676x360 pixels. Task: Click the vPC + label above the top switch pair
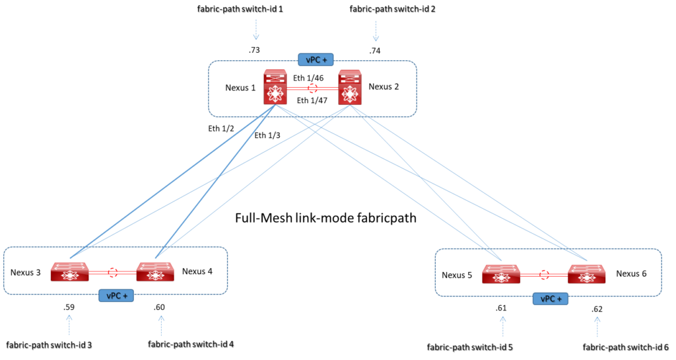(x=316, y=60)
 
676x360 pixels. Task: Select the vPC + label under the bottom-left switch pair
(x=116, y=295)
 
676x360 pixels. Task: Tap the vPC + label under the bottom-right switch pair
(x=551, y=299)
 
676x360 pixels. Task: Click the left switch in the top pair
(x=275, y=87)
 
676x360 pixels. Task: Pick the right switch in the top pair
(x=350, y=87)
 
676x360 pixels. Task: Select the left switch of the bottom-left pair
(x=69, y=272)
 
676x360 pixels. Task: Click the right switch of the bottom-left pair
(x=155, y=272)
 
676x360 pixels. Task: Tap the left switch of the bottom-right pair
(x=501, y=274)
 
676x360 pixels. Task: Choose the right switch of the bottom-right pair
(x=587, y=274)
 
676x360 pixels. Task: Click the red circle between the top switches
(x=313, y=88)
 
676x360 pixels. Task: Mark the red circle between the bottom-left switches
(x=113, y=272)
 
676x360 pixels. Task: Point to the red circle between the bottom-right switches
(x=545, y=274)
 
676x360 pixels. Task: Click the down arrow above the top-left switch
(x=256, y=30)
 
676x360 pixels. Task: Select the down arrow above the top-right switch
(x=376, y=30)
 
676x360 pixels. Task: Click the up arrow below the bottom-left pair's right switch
(x=161, y=325)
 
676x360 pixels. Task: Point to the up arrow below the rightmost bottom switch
(x=597, y=326)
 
